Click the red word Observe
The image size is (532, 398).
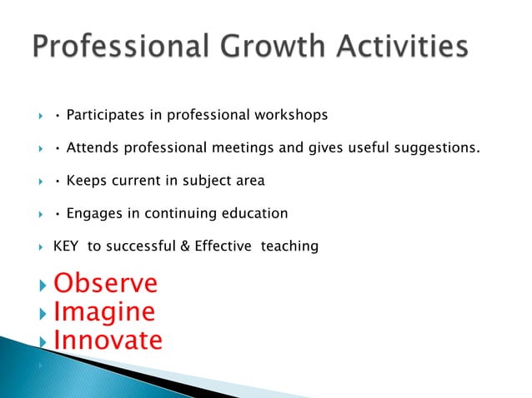point(105,284)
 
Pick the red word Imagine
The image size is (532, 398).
point(104,312)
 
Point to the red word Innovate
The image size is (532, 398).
point(108,341)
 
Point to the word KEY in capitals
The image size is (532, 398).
point(67,246)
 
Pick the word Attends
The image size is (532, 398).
point(92,148)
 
